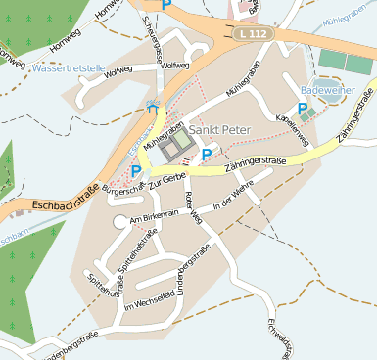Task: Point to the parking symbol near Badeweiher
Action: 304,109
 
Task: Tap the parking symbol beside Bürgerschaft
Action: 135,171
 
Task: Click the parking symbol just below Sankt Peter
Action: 206,154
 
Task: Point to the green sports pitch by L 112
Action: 333,60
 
